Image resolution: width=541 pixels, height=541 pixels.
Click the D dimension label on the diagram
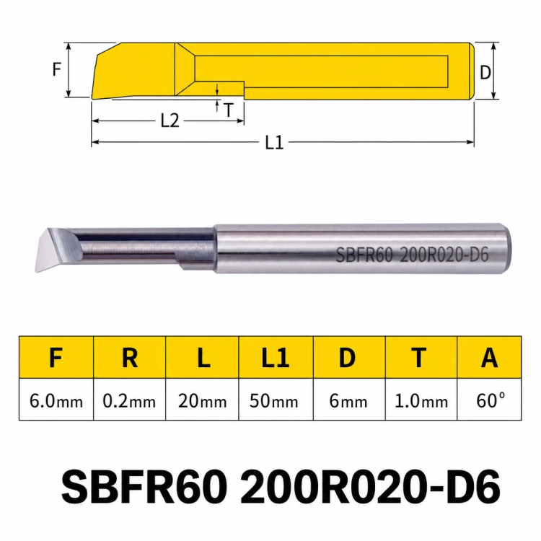click(x=485, y=72)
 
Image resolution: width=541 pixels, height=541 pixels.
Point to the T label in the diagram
click(x=229, y=110)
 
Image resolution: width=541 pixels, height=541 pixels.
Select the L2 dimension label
click(x=170, y=120)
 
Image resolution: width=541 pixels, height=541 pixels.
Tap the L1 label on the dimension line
click(x=274, y=142)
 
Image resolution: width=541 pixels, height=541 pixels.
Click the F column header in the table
click(x=56, y=358)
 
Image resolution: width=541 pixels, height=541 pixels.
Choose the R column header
click(x=130, y=358)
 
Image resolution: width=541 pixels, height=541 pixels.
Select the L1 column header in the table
click(x=276, y=358)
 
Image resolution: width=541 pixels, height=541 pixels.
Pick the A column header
click(x=490, y=358)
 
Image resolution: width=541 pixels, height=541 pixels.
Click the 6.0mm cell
click(x=56, y=401)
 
